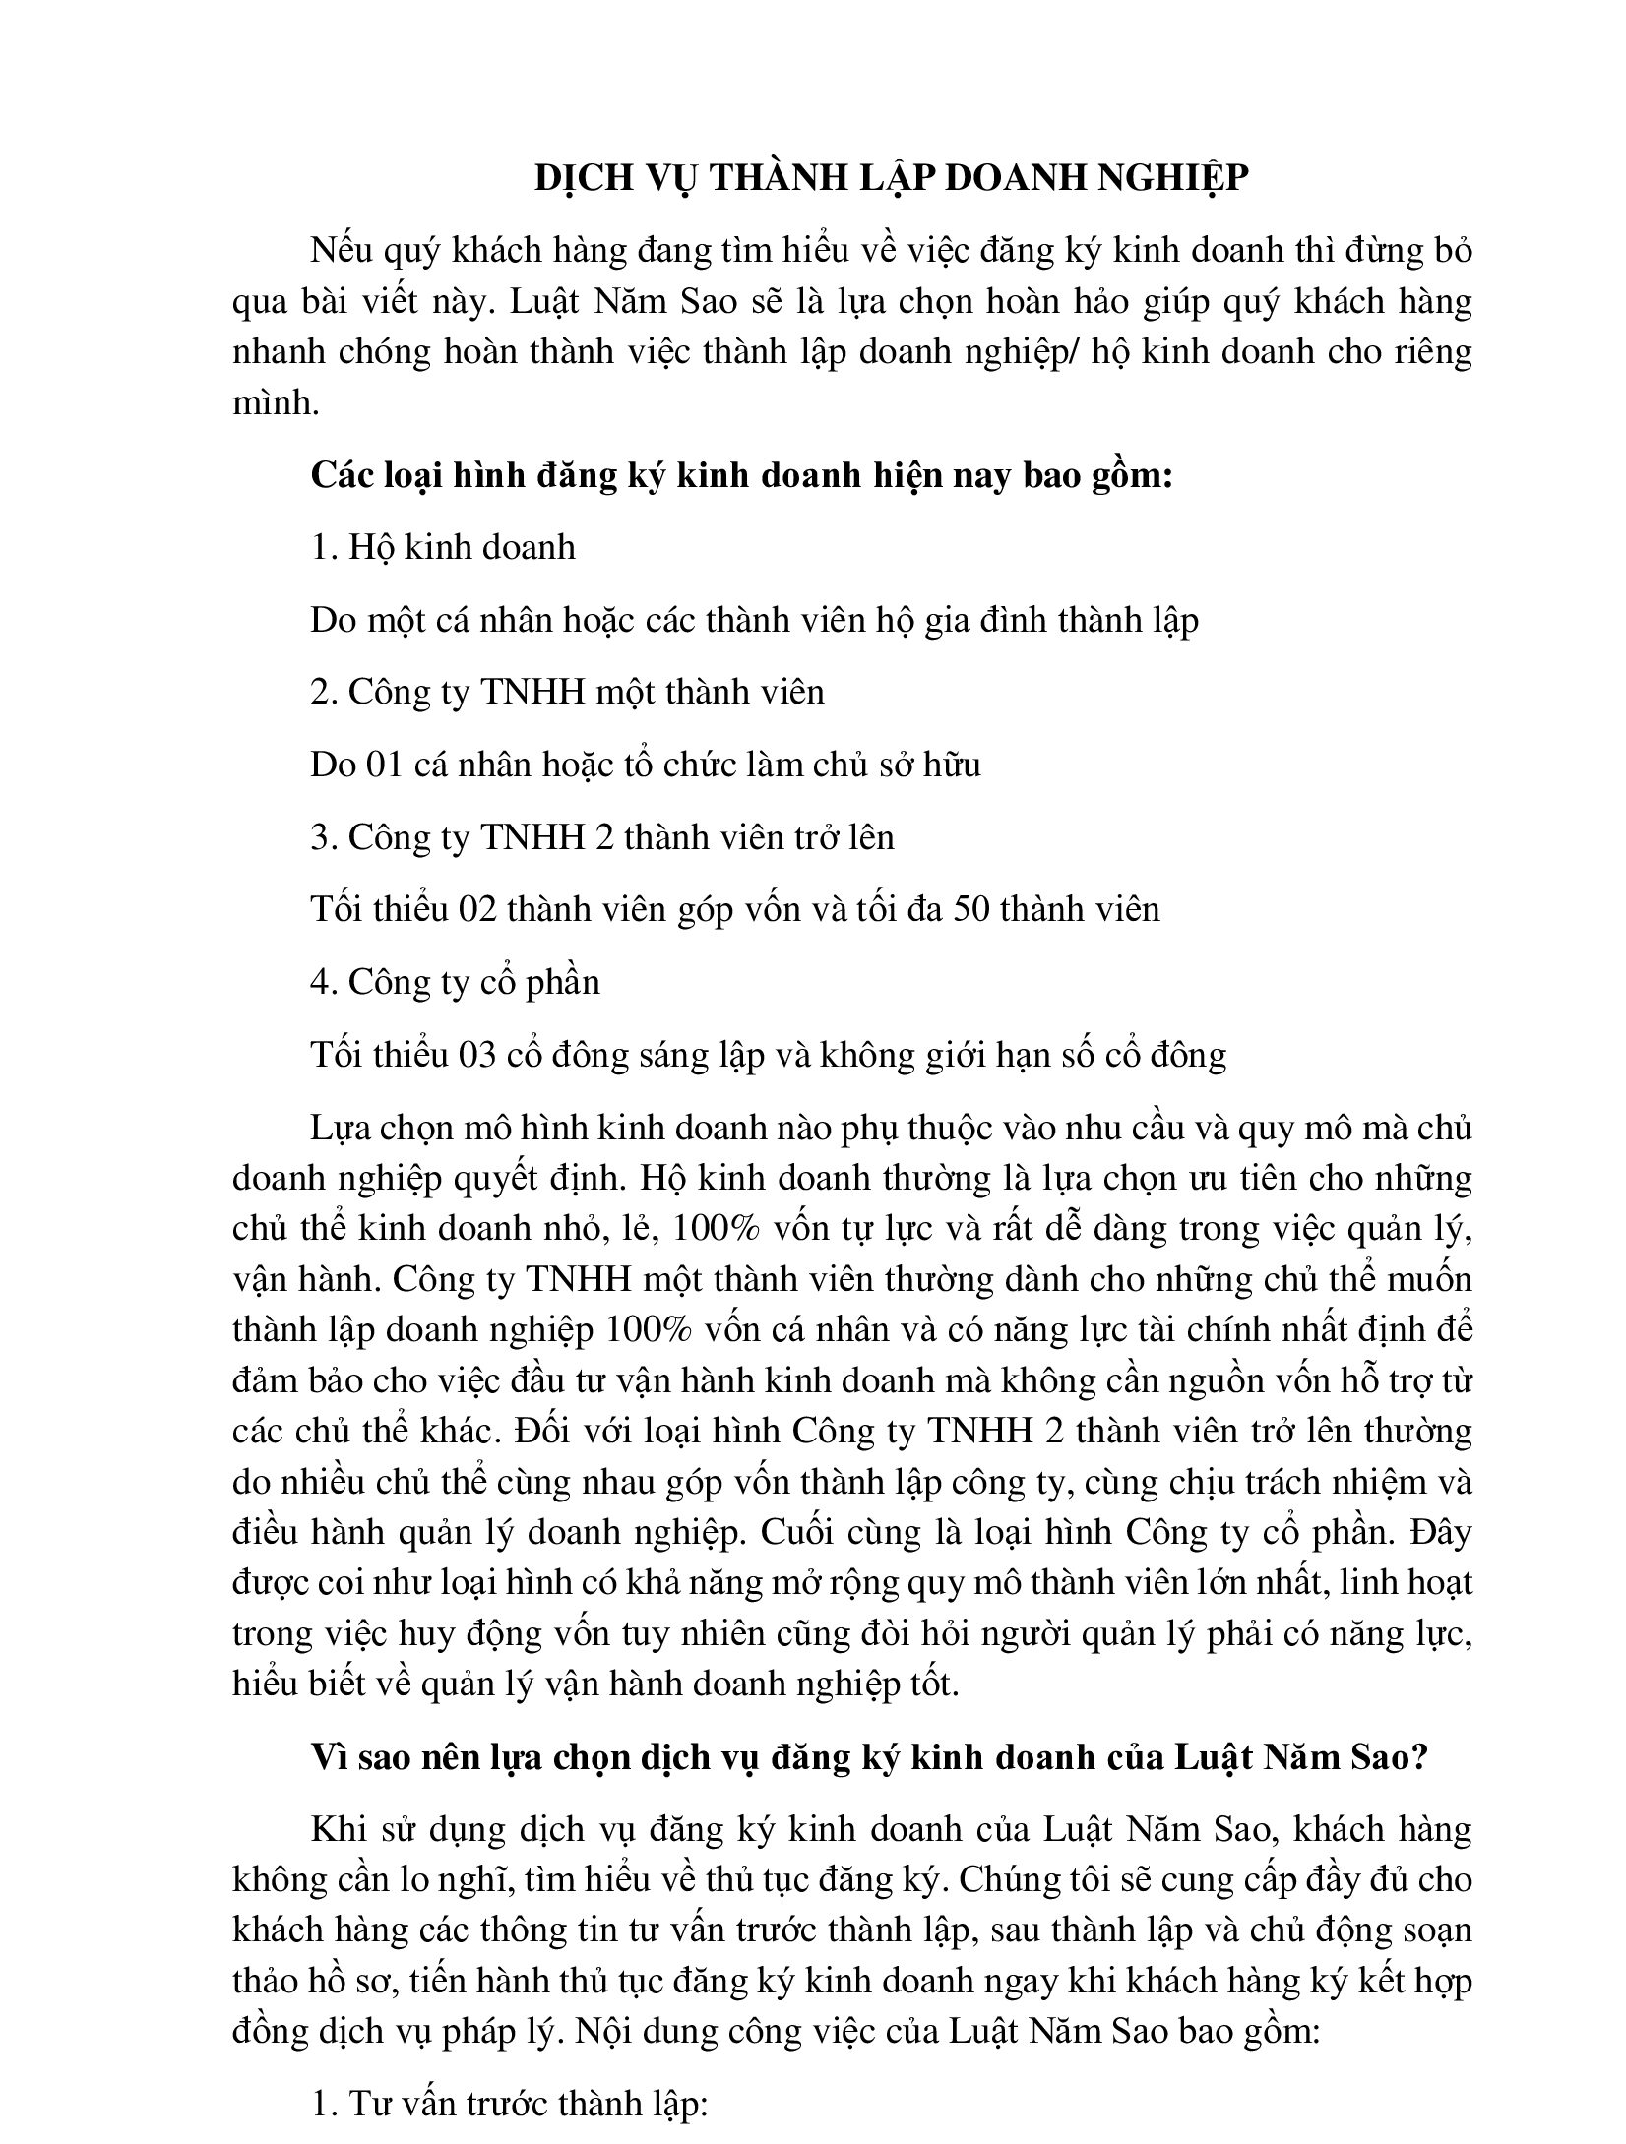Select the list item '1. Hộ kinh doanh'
443,547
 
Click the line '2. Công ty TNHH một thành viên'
567,693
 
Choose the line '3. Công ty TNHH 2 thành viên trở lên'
602,837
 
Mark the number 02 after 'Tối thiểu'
478,909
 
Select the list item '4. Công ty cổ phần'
455,982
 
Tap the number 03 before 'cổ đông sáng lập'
478,1055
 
